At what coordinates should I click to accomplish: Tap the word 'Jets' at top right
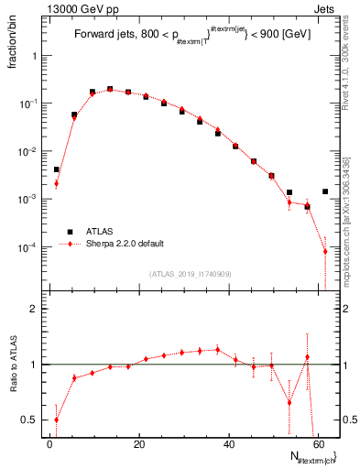(x=327, y=7)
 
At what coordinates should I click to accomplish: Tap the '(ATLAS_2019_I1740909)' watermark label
(x=191, y=274)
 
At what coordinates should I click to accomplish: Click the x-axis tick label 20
(x=139, y=443)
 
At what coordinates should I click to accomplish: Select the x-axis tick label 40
(x=229, y=443)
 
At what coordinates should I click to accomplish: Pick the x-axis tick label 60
(x=318, y=443)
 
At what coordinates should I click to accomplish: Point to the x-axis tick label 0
(x=50, y=443)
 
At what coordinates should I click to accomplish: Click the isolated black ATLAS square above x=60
(x=325, y=191)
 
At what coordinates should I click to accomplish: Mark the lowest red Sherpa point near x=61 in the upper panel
(x=325, y=252)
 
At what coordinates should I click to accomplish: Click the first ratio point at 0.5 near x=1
(x=56, y=420)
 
